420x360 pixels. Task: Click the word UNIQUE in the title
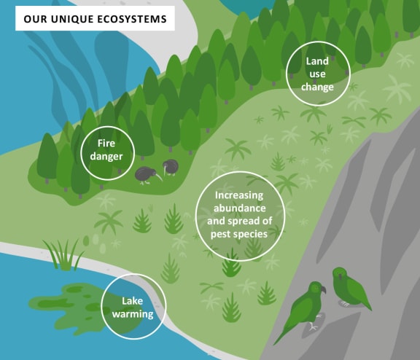coord(71,19)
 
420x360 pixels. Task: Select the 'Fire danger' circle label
coord(107,153)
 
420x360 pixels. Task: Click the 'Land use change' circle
coord(318,74)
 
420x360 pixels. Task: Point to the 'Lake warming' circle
coord(133,306)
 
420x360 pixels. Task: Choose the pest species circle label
coord(240,216)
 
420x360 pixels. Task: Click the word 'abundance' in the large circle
coord(240,208)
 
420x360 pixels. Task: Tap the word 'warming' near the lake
coord(133,313)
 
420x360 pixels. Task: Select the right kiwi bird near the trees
coord(170,167)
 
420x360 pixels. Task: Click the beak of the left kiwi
coord(158,177)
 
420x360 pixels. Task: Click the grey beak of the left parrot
coord(323,289)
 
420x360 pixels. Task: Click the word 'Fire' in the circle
coord(106,143)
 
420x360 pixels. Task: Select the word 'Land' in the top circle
coord(317,61)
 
